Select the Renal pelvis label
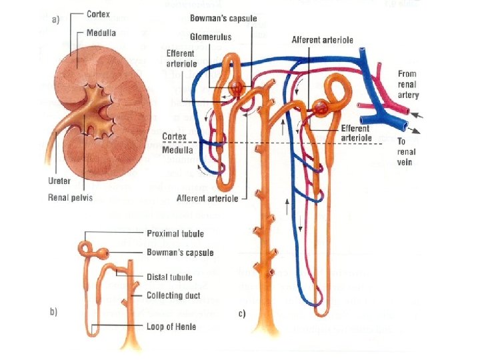[71, 197]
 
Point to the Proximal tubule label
[175, 233]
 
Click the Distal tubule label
[169, 277]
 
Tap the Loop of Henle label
[172, 327]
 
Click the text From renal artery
[408, 85]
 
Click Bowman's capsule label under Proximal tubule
[180, 253]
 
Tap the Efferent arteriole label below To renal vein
[356, 133]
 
